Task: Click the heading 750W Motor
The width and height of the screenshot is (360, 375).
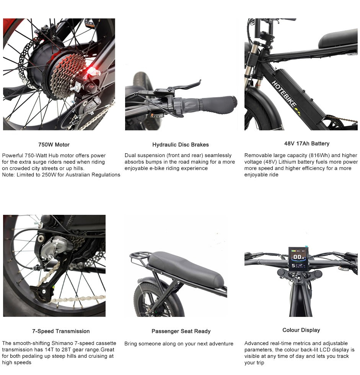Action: tap(54, 144)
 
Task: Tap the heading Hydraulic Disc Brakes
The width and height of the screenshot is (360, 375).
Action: tap(181, 144)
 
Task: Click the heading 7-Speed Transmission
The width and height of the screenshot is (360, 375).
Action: tap(61, 331)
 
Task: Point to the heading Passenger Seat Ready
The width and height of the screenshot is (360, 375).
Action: tap(181, 331)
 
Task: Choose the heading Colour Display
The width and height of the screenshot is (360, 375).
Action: tap(301, 330)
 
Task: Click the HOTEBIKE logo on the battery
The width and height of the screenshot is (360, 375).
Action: tap(284, 94)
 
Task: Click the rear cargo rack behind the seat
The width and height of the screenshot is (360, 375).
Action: tap(138, 260)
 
